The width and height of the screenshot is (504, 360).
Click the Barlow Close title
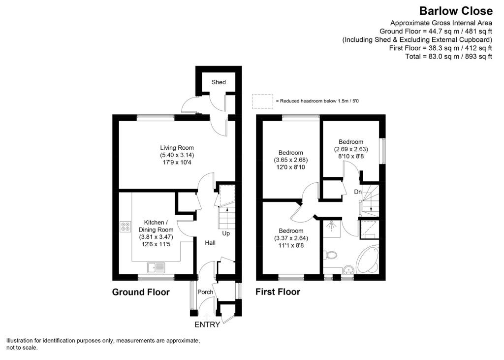(x=455, y=11)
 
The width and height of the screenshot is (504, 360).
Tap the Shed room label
(x=219, y=82)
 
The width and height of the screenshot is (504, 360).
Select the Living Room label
(x=177, y=148)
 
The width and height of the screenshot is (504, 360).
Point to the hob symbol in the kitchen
(x=125, y=227)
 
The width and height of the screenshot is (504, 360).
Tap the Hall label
(x=211, y=242)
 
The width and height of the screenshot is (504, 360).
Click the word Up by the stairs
(x=226, y=233)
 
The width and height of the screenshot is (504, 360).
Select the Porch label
(x=205, y=292)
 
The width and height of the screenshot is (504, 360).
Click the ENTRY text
(x=208, y=325)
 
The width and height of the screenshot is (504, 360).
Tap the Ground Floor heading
(x=141, y=292)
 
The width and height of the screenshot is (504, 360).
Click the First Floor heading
(x=278, y=292)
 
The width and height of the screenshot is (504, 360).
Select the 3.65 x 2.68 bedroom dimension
(x=291, y=160)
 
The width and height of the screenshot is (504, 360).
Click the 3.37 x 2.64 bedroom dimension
(x=291, y=238)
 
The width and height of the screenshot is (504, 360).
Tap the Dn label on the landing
(x=358, y=192)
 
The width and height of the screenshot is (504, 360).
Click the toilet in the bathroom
(x=331, y=255)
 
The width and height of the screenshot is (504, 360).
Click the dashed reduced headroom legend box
(x=262, y=100)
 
